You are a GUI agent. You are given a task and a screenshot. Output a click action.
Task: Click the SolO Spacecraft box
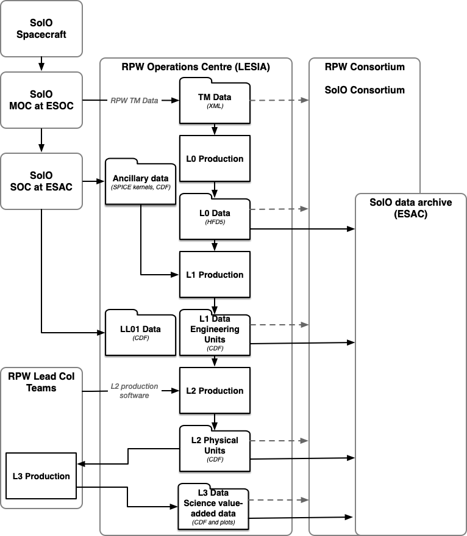click(x=41, y=29)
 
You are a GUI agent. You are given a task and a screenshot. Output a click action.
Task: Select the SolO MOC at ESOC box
click(x=41, y=100)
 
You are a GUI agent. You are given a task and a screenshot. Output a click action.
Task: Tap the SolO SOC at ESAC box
click(x=41, y=181)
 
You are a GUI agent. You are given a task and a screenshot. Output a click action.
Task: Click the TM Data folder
click(x=215, y=101)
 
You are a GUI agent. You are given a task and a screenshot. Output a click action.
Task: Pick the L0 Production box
click(x=215, y=159)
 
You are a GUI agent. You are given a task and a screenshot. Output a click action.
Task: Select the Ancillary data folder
click(x=141, y=182)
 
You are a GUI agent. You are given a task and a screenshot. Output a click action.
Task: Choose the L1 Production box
click(x=215, y=275)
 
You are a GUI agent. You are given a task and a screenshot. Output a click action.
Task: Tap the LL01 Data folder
click(x=141, y=333)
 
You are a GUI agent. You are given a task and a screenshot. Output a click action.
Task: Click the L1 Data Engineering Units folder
click(x=215, y=333)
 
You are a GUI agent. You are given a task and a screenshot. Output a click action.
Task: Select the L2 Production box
click(x=215, y=391)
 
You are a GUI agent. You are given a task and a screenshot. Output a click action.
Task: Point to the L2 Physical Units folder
click(x=215, y=449)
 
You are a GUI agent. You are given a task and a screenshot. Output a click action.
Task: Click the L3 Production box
click(x=41, y=476)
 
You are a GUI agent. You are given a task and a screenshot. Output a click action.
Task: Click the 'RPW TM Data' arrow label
click(x=134, y=101)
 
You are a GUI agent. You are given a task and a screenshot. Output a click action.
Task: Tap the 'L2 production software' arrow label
click(x=134, y=391)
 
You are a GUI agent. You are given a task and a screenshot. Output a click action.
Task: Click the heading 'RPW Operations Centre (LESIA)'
click(x=195, y=67)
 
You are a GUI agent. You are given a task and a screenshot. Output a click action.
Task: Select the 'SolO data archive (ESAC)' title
click(x=410, y=208)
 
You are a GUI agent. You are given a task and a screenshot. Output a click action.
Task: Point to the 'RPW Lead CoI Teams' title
click(x=41, y=382)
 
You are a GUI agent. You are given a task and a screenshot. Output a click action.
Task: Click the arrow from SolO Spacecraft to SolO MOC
click(x=41, y=63)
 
